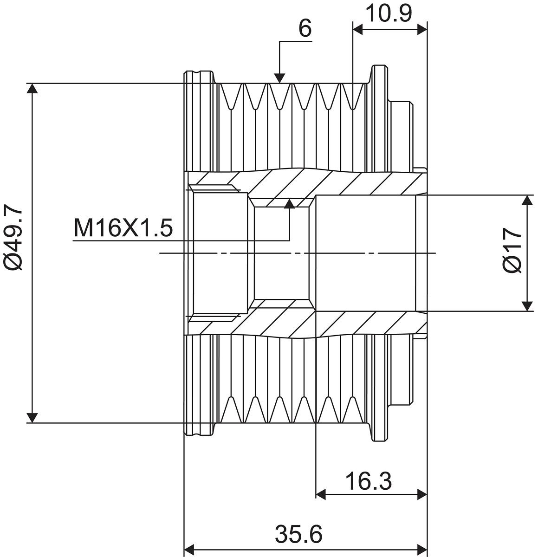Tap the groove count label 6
tap(305, 29)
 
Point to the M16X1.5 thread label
tap(123, 228)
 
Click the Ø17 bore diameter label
tap(512, 250)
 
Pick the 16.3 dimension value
tap(368, 481)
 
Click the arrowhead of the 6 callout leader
tap(279, 78)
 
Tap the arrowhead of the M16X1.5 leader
tap(290, 203)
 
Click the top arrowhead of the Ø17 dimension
tap(527, 200)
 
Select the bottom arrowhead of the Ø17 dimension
tap(527, 306)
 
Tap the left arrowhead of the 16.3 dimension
tap(321, 494)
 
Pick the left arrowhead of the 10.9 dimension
tap(358, 29)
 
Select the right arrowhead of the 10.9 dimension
tap(422, 29)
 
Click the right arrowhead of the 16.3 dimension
tap(422, 494)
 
